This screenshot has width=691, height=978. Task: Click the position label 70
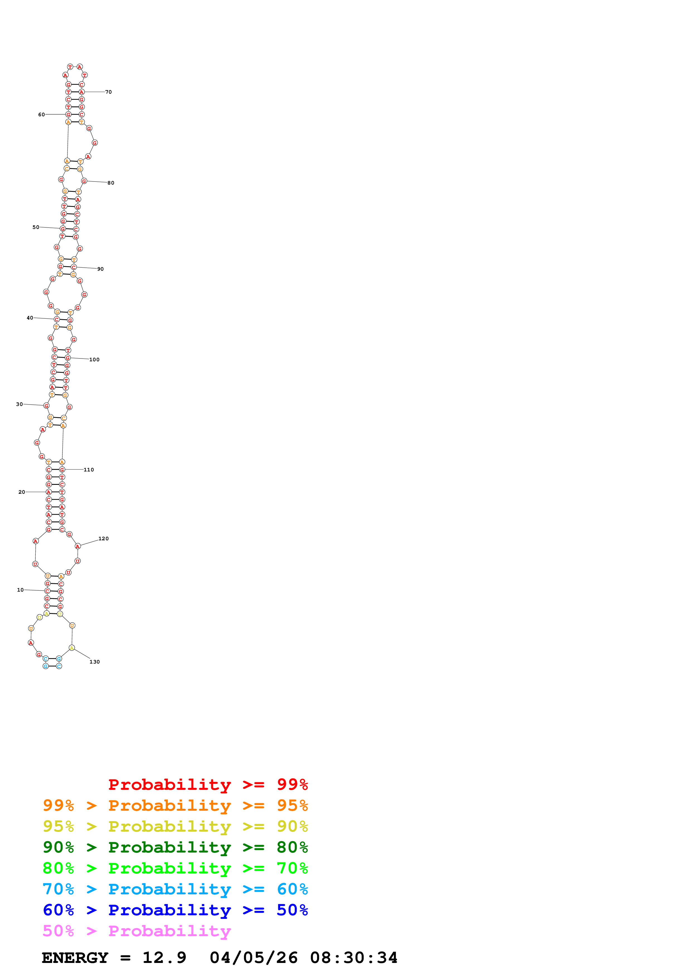(x=108, y=92)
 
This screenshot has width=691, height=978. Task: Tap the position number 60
(x=41, y=115)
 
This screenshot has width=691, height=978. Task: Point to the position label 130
(x=94, y=662)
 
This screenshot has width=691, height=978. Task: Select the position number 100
(x=94, y=360)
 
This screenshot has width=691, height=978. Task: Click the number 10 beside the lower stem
(x=20, y=590)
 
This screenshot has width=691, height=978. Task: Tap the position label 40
(x=30, y=318)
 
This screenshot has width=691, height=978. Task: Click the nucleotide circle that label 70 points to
(x=81, y=92)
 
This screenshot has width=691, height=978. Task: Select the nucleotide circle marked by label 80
(x=84, y=181)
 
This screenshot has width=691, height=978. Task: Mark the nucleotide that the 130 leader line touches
(x=72, y=648)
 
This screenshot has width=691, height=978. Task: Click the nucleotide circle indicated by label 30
(x=46, y=406)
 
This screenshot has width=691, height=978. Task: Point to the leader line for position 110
(x=74, y=469)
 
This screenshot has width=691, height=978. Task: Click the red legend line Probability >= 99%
(x=208, y=784)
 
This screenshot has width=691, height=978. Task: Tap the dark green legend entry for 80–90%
(x=175, y=847)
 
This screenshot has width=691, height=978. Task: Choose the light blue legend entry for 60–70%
(x=175, y=889)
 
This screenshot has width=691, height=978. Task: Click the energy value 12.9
(x=164, y=958)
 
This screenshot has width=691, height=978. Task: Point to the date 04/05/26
(x=253, y=958)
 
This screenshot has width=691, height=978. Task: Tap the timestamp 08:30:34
(x=353, y=958)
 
